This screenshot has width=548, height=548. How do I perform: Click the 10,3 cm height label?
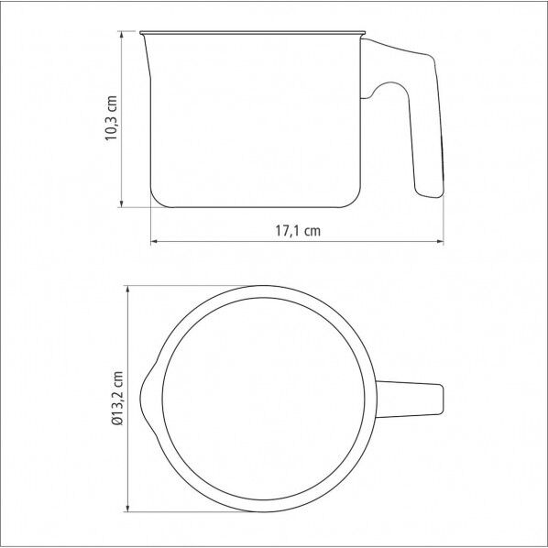coord(112,118)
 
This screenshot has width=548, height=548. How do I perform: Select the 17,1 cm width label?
coord(298,231)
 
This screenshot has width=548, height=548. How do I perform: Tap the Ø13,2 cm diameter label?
coord(118,398)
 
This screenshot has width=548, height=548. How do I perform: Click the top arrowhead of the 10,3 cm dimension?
coord(121,35)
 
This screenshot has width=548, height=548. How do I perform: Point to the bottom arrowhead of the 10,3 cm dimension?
coord(121,203)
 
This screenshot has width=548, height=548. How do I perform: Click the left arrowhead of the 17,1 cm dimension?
coord(155,241)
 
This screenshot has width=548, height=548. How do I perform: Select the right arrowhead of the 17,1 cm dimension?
coord(440,241)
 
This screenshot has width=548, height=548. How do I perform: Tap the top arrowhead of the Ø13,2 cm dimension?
coord(128,290)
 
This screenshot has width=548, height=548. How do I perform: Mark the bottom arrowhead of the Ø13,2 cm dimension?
coord(128,509)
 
